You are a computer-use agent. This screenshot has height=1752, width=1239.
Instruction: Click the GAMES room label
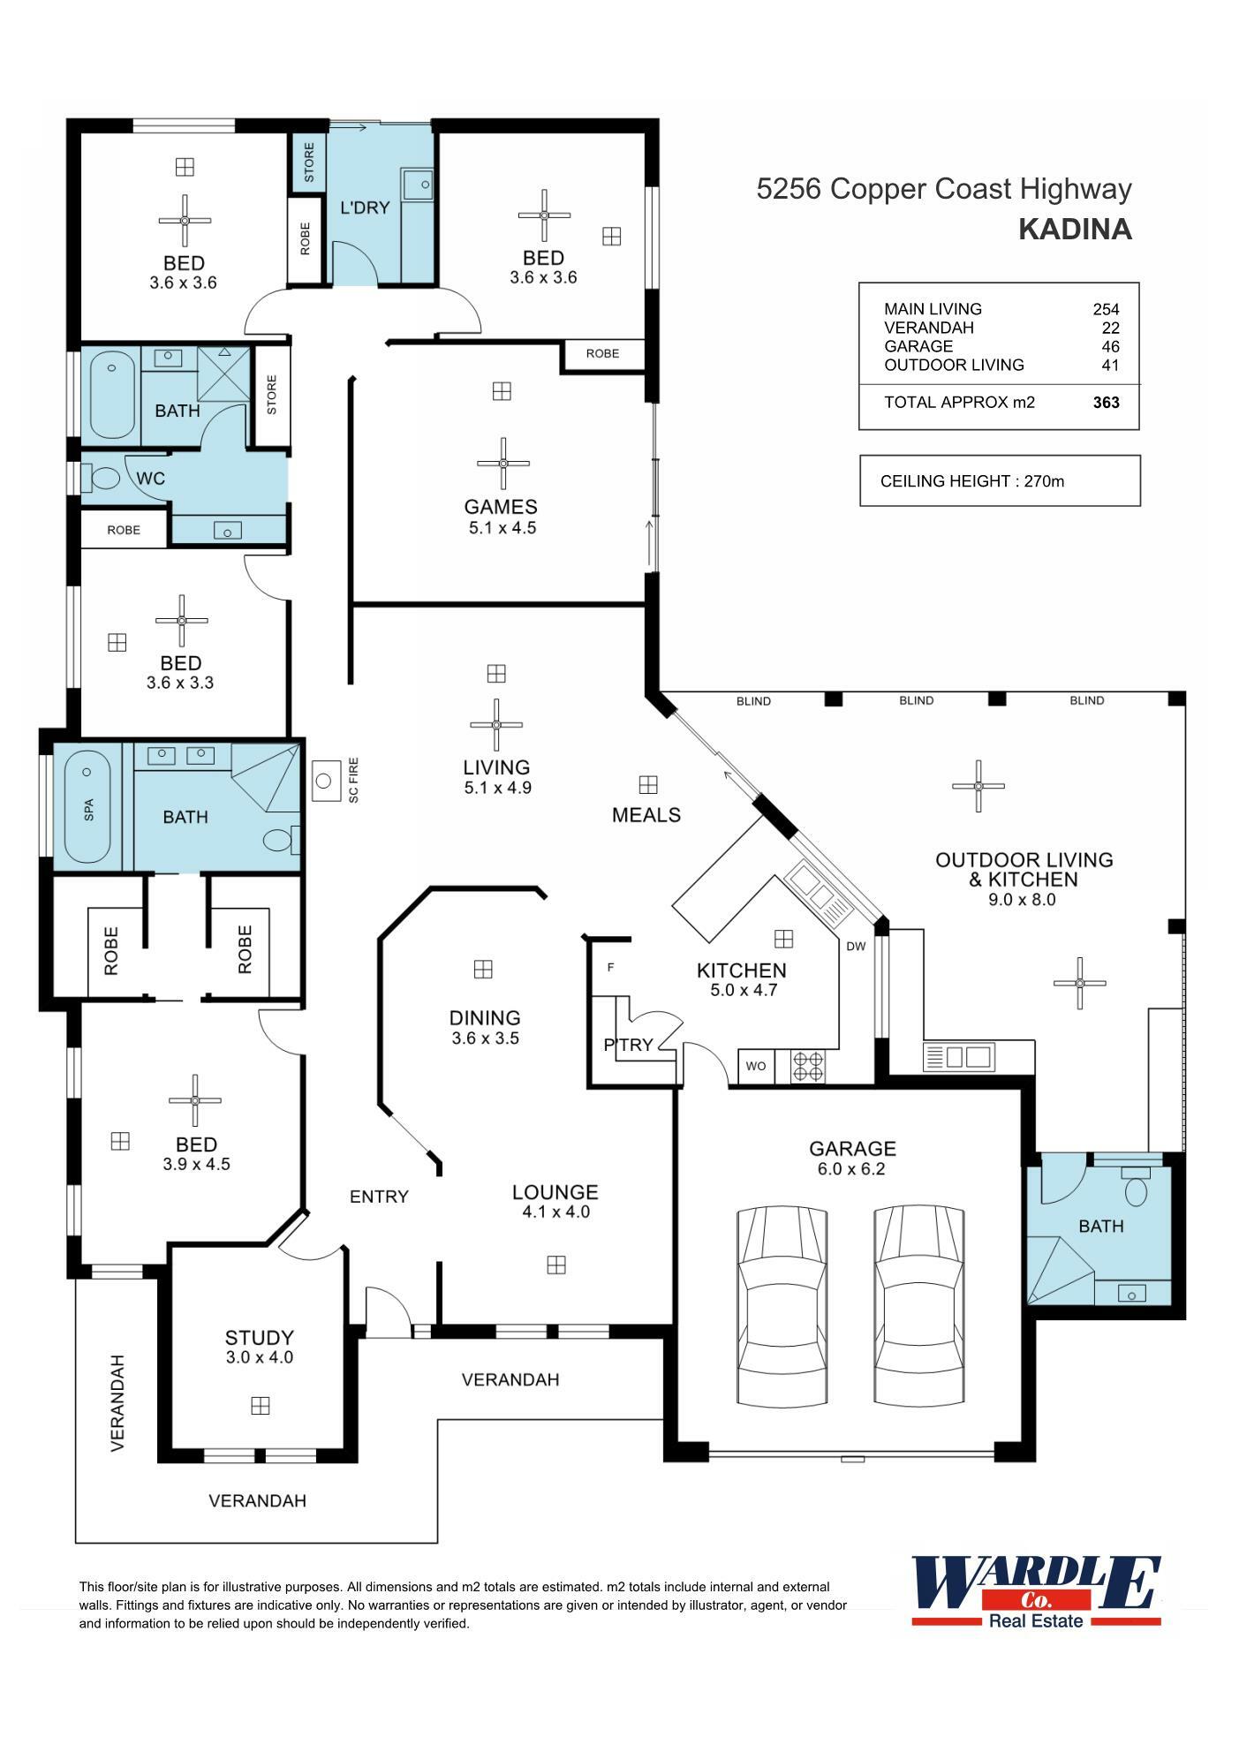coord(501,507)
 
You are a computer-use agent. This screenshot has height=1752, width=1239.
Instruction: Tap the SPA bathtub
coord(87,807)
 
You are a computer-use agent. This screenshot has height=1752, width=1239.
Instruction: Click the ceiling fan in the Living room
coord(496,725)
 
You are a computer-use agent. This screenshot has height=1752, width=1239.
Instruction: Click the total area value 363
coord(1106,403)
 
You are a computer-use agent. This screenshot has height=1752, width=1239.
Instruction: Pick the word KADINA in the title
coord(1075,230)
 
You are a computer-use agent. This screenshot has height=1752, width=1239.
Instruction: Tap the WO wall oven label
coord(756,1066)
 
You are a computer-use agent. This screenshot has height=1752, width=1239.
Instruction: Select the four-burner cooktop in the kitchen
coord(807,1066)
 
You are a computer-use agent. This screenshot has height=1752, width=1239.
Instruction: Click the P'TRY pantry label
coord(629,1045)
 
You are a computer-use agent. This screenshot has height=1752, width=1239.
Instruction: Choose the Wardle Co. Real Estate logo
coord(1036,1591)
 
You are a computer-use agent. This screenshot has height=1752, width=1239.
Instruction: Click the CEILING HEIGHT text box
coord(1000,481)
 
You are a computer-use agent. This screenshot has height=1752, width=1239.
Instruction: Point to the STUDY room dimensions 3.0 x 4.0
coord(259,1357)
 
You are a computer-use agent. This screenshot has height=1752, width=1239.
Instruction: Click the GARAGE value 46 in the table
coord(1110,346)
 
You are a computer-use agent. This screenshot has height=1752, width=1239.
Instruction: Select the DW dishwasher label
coord(856,947)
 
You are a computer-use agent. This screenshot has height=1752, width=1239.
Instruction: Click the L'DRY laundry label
coord(365,208)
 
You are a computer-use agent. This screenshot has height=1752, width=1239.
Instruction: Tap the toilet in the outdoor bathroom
coord(1136,1190)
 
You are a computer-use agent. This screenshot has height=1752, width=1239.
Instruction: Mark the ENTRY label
coord(379,1197)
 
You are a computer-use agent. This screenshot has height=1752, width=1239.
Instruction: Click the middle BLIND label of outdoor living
coord(916,700)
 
